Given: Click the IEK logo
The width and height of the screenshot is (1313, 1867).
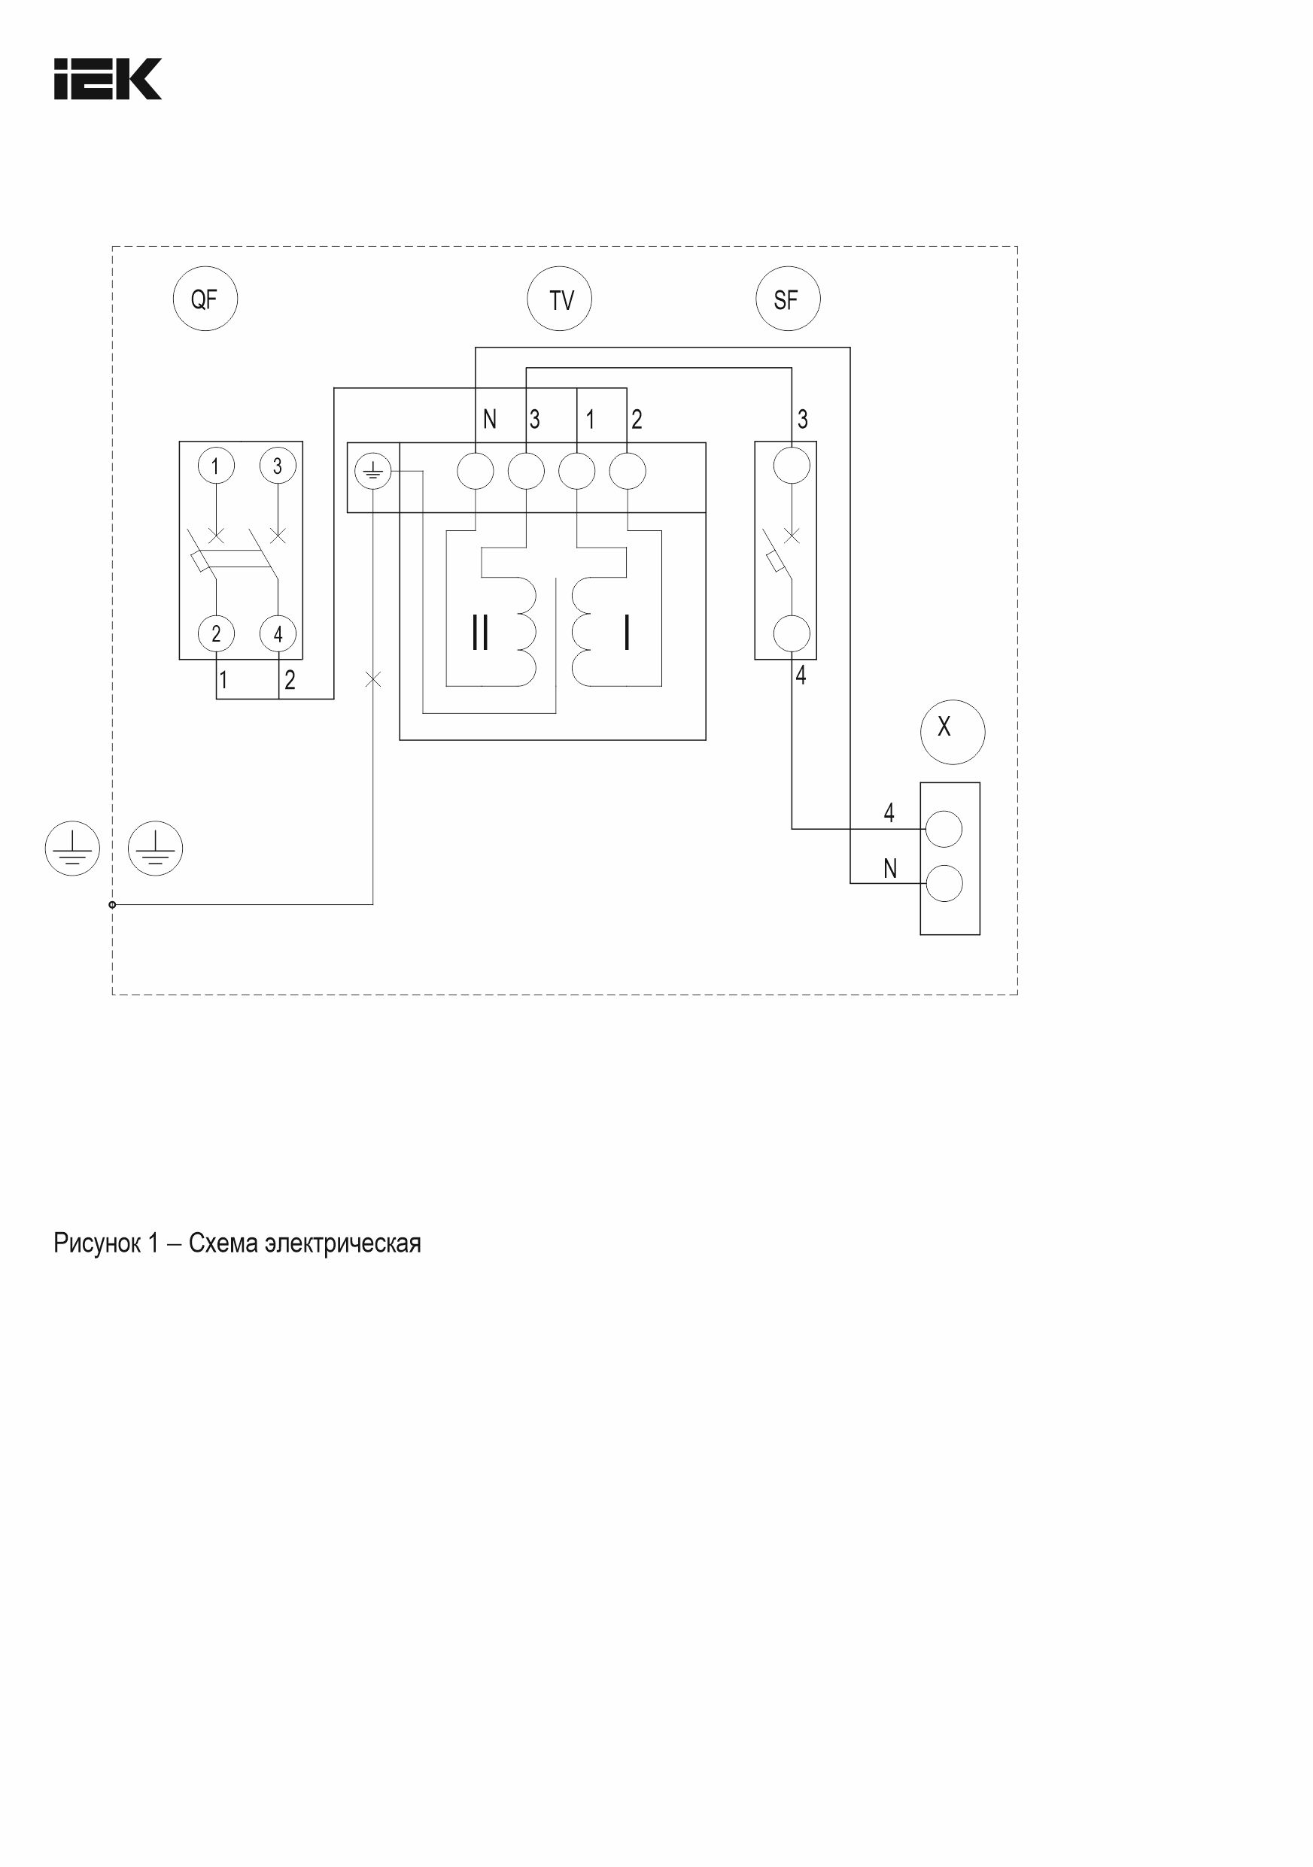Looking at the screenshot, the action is (x=108, y=79).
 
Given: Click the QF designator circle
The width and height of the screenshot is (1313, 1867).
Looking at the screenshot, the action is (x=205, y=299).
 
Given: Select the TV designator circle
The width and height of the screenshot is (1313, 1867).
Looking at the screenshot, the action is (x=560, y=299).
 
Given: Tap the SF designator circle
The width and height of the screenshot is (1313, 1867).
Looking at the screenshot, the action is (x=788, y=299).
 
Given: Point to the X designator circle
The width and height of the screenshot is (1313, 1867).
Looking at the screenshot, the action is (x=953, y=732).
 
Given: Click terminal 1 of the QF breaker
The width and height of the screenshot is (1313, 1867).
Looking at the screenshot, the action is (x=217, y=466).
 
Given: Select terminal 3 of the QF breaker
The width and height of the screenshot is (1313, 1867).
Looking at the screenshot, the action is (x=278, y=466).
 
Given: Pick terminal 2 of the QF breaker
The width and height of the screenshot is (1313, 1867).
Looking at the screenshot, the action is (x=217, y=633).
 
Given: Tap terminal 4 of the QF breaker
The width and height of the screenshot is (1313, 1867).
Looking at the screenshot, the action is (x=278, y=633).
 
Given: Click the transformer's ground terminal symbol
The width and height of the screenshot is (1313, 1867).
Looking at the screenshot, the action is (x=373, y=471).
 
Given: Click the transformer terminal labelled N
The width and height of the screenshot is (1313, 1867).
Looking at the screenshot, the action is (x=476, y=471).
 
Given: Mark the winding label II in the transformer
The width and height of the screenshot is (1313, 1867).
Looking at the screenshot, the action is (x=481, y=632).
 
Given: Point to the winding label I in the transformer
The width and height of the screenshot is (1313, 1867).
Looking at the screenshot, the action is (x=626, y=632).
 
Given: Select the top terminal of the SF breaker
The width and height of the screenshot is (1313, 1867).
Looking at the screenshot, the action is (x=792, y=466).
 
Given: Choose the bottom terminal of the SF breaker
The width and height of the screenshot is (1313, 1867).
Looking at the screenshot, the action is (x=792, y=633).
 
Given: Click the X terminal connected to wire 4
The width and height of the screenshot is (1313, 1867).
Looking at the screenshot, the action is (x=944, y=830).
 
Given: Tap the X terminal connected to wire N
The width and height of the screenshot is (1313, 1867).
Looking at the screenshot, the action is (x=944, y=884).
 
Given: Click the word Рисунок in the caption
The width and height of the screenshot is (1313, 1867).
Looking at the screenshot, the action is (x=97, y=1243).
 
